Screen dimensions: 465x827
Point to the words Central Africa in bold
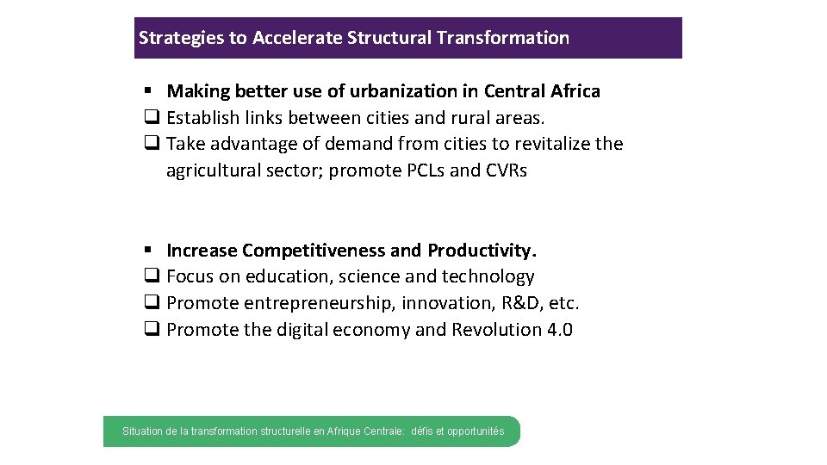click(x=542, y=91)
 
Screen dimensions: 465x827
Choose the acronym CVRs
click(x=507, y=170)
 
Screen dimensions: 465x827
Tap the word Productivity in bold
click(x=482, y=251)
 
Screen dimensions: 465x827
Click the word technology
click(x=488, y=276)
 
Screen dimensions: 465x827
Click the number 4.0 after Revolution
click(x=560, y=330)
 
